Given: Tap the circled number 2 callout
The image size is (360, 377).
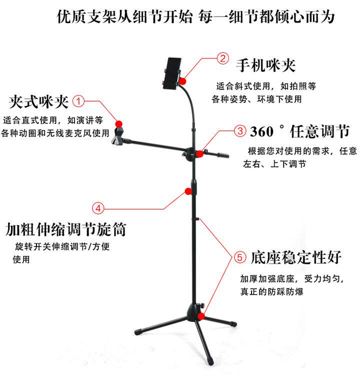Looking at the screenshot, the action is (x=223, y=59).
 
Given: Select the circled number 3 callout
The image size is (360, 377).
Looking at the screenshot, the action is (x=240, y=131).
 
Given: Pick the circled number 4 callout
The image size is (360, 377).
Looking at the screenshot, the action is (x=98, y=207).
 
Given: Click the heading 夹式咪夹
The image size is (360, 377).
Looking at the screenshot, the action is (x=38, y=102).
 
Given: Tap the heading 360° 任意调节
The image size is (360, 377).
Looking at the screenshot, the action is (x=299, y=132).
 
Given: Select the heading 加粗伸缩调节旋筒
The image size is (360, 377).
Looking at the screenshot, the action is (x=65, y=229).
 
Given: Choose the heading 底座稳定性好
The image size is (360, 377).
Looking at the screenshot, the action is (x=296, y=257).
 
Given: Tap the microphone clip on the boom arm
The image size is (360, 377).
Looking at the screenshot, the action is (x=117, y=136).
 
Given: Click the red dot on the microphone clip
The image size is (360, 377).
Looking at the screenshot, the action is (x=118, y=123).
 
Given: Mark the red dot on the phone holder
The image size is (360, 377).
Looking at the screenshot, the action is (x=183, y=80).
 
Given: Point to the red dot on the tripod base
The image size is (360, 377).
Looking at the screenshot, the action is (x=200, y=315).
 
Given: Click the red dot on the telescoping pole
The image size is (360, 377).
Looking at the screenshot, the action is (x=188, y=190).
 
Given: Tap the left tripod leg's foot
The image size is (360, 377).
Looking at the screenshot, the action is (x=136, y=330).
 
